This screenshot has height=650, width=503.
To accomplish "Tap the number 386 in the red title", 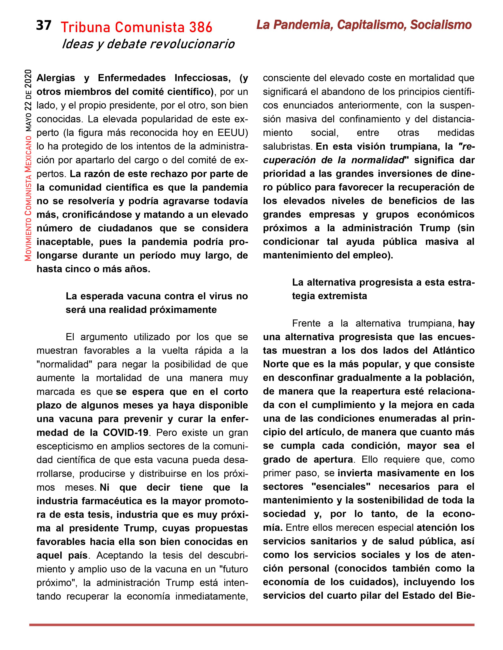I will [200, 27].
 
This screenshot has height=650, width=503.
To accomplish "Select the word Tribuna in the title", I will [86, 27].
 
